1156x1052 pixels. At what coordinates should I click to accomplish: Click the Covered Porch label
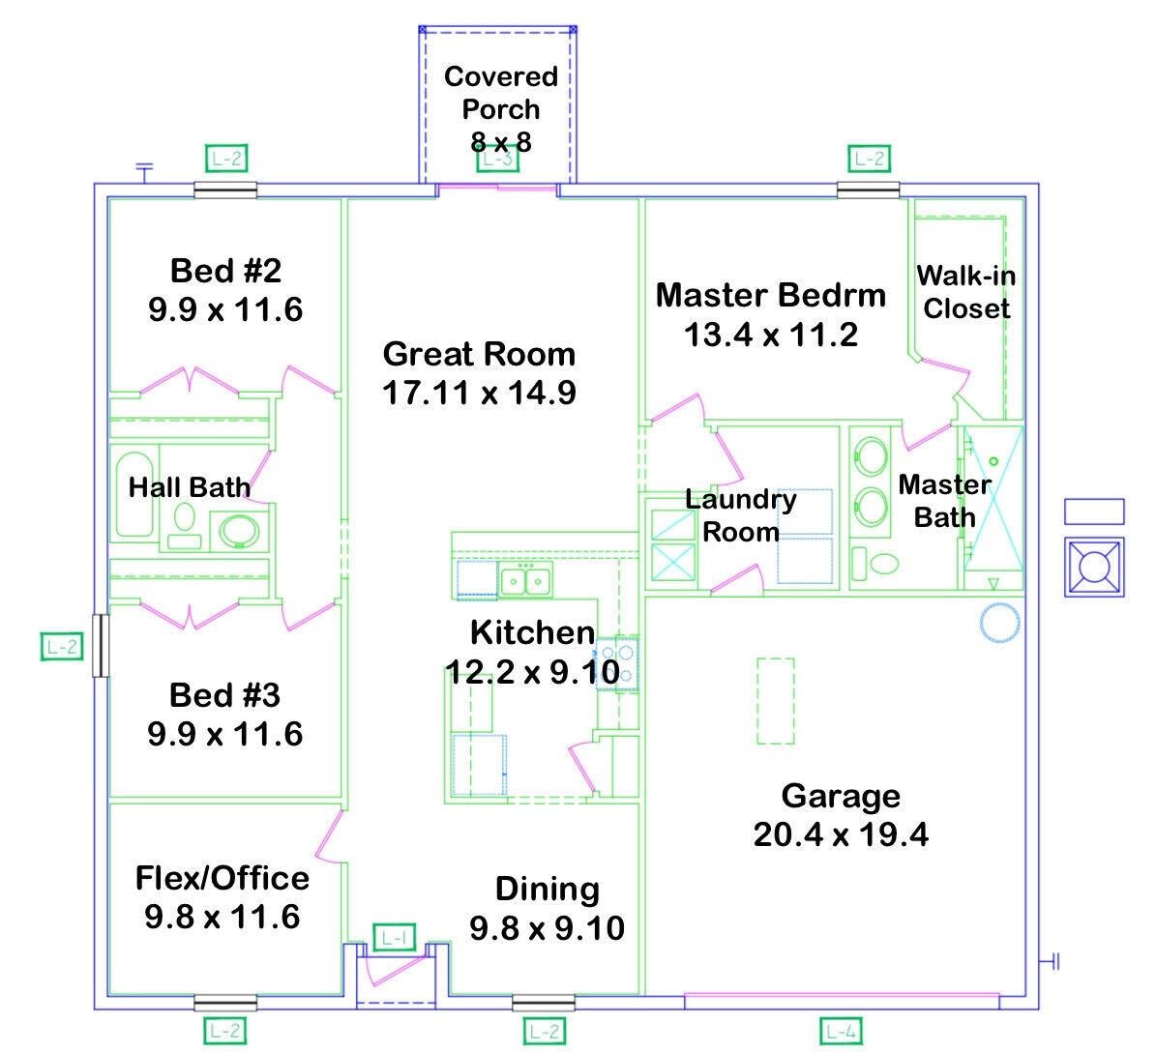(500, 93)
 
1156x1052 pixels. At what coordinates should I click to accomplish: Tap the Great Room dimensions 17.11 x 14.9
(479, 393)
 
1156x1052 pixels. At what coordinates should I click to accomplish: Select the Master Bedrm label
(770, 295)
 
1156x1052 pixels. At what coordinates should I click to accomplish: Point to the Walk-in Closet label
(966, 292)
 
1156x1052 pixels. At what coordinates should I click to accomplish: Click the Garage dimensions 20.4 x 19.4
(840, 834)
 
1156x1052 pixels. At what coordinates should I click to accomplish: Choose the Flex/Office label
(222, 878)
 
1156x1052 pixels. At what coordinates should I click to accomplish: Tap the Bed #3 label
(224, 695)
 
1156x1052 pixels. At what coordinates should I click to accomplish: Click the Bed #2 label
(225, 271)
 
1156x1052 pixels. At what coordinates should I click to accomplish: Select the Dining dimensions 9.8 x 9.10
(547, 928)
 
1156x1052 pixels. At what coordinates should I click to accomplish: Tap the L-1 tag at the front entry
(394, 937)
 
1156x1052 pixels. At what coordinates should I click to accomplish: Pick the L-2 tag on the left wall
(61, 646)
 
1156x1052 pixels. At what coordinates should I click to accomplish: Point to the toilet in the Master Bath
(882, 562)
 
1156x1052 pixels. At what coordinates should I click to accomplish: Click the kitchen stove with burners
(617, 663)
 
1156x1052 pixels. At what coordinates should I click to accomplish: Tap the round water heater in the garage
(998, 624)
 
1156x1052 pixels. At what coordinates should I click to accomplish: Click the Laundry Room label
(741, 515)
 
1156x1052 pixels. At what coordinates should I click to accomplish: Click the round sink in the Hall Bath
(238, 531)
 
